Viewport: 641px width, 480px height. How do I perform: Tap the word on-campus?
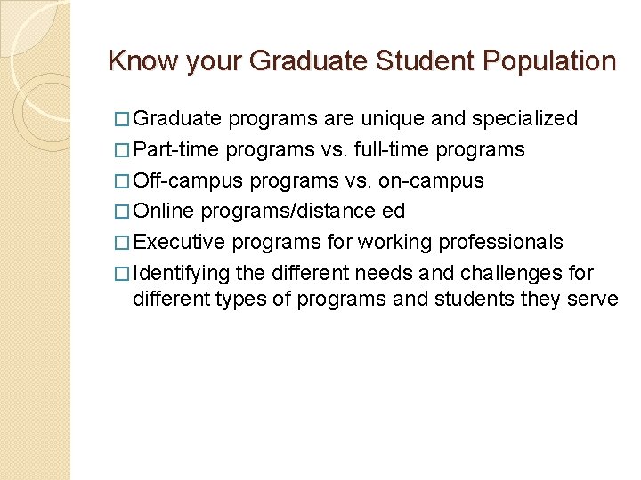pos(429,180)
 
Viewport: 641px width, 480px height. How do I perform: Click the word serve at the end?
pos(591,299)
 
